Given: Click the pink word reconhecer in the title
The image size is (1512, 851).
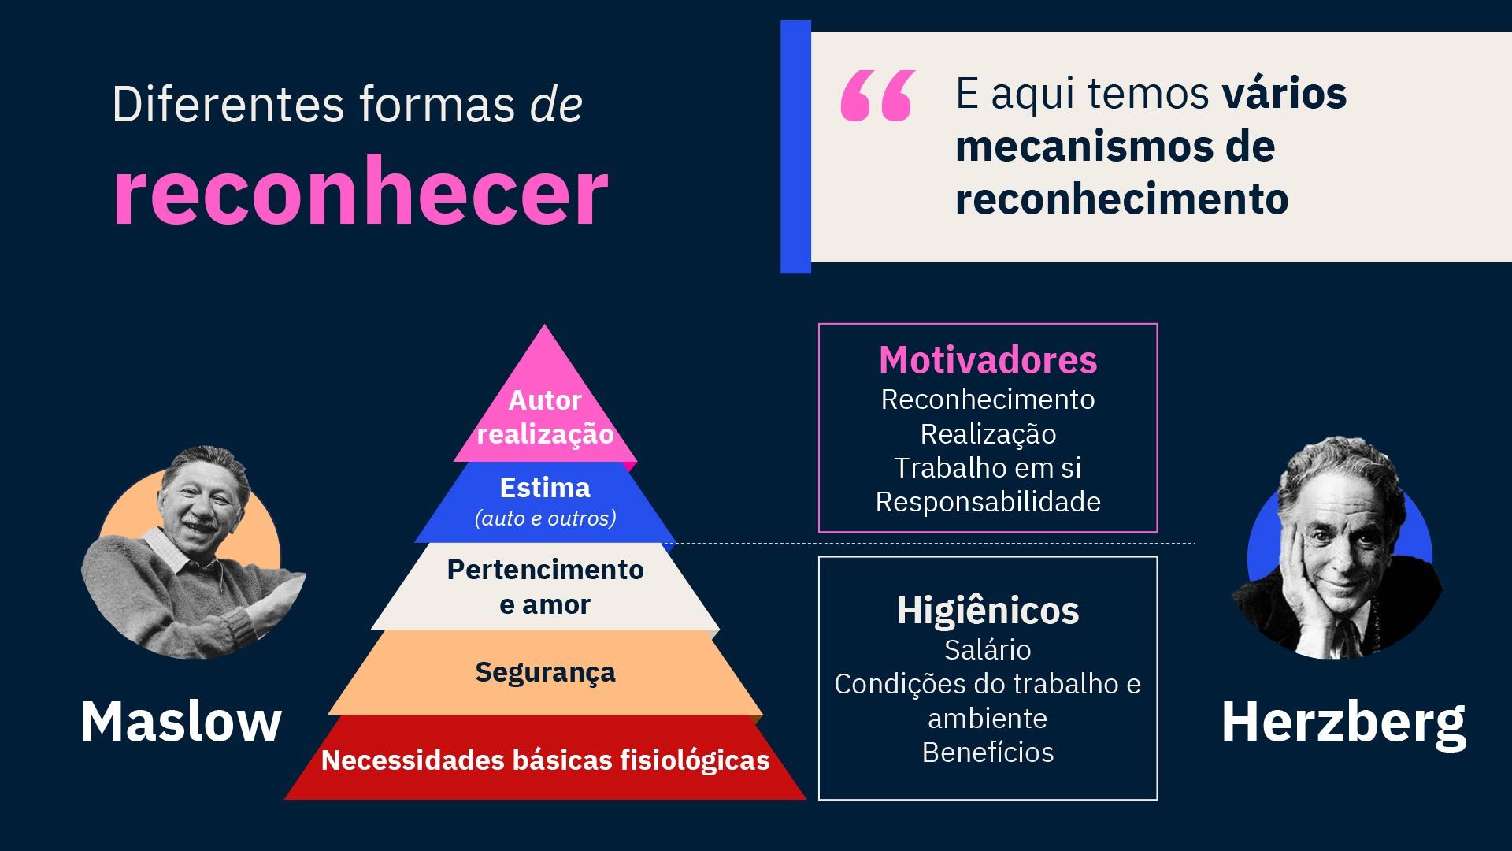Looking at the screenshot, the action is [x=361, y=191].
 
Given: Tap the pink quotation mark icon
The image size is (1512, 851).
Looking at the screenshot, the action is [x=877, y=95].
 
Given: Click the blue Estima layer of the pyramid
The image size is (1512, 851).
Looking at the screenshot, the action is [x=545, y=502].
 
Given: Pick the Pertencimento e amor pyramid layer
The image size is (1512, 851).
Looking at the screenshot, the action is [x=545, y=586].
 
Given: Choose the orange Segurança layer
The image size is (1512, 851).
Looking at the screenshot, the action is [x=545, y=672].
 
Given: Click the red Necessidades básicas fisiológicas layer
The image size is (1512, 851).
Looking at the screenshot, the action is [x=545, y=758].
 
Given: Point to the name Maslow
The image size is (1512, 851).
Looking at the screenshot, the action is [x=181, y=721].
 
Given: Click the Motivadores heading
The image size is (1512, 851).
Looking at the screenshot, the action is [x=988, y=360].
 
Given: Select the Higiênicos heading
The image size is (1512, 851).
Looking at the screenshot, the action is [x=988, y=611].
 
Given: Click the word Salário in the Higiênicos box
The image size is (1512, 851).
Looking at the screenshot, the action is [x=988, y=650].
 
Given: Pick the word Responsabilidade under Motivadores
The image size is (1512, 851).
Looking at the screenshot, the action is [x=988, y=502].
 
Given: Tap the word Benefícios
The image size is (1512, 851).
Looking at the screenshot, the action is [x=988, y=753].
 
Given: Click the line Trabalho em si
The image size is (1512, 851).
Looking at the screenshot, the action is [x=988, y=468].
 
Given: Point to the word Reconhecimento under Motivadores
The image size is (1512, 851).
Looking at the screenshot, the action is [x=988, y=399].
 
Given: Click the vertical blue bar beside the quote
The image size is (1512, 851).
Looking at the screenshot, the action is [x=795, y=147].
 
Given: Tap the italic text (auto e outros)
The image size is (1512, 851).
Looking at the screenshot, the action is [x=545, y=518].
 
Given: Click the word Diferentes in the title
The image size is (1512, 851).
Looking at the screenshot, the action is [x=228, y=104].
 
